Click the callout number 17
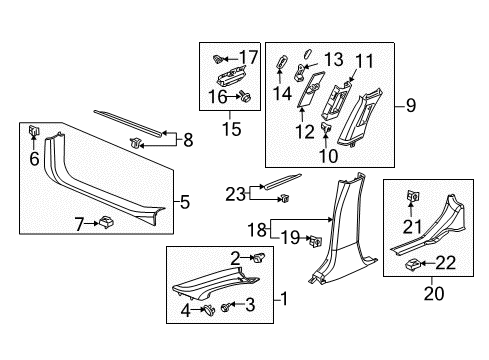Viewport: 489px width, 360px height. [249, 56]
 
